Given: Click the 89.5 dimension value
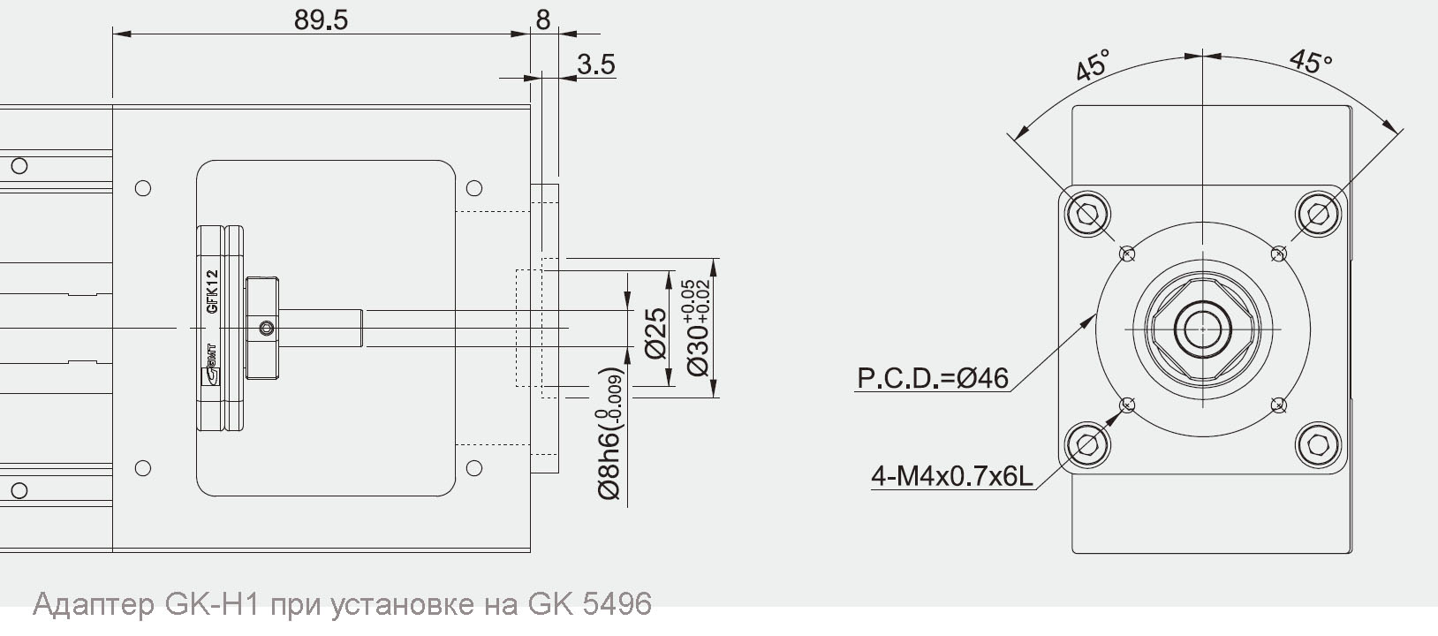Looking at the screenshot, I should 322,20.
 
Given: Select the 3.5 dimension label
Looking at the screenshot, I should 596,64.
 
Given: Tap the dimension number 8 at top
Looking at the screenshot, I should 543,19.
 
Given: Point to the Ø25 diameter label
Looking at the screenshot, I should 656,332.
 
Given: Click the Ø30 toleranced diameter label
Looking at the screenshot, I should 698,328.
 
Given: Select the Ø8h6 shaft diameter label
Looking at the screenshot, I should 610,435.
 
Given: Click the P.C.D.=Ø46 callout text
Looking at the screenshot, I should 933,378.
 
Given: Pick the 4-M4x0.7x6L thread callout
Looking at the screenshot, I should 951,477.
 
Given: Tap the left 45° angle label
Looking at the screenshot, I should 1093,66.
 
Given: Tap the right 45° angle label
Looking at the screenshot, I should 1310,61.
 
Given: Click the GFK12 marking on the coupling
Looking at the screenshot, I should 212,291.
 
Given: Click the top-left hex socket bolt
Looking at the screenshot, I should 1087,214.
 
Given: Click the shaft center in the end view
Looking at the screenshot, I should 1202,329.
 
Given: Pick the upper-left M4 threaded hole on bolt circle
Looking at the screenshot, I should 1126,254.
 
